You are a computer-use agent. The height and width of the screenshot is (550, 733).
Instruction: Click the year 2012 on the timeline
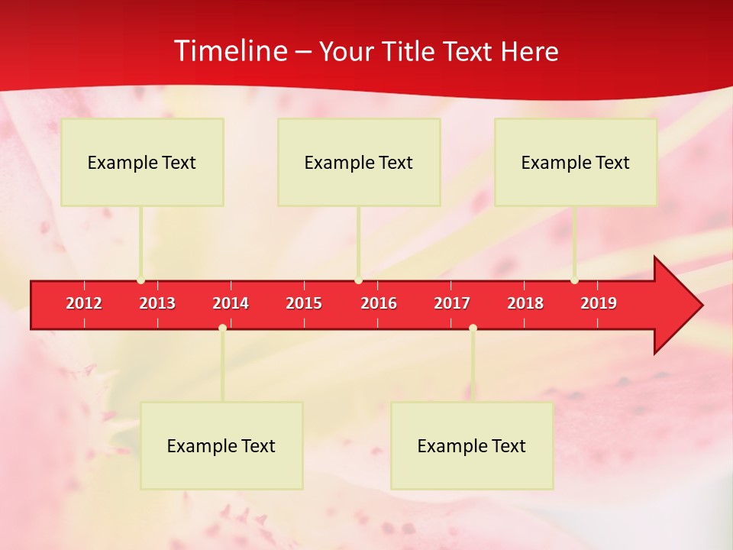84,303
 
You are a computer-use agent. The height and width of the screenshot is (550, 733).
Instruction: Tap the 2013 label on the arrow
157,303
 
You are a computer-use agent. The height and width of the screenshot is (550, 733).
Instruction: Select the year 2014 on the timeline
231,303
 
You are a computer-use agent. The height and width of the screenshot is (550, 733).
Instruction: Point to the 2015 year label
304,303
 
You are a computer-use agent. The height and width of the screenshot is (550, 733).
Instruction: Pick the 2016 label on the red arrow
379,303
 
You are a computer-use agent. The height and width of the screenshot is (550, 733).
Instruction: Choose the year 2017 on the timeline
452,303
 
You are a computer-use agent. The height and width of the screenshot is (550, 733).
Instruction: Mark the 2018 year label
525,303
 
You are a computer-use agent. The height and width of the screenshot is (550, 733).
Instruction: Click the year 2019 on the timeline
599,303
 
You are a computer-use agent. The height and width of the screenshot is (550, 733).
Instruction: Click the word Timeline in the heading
229,51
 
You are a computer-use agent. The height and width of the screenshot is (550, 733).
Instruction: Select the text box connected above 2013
142,162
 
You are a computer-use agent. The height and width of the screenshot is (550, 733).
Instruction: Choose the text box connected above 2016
359,162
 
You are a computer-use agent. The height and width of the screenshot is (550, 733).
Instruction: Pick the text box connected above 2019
576,162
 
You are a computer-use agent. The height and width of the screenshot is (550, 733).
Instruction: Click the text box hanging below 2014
221,445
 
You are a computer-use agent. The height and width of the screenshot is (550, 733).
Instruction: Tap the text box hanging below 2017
472,445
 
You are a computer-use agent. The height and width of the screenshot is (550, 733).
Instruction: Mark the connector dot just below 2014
222,328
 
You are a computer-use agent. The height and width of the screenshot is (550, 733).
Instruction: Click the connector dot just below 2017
473,328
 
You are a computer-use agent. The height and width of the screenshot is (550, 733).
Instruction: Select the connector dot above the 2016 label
358,280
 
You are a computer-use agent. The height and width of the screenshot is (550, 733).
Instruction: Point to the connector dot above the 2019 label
574,280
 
